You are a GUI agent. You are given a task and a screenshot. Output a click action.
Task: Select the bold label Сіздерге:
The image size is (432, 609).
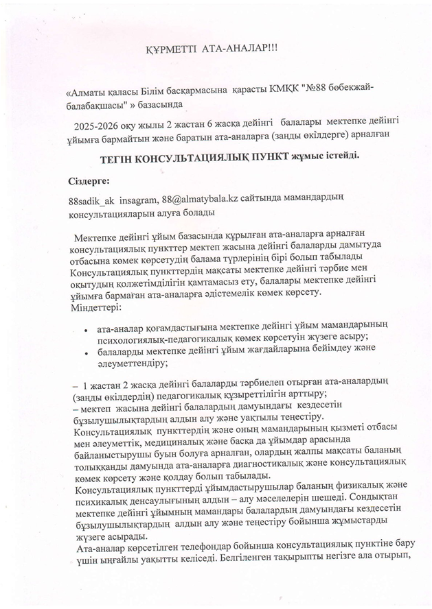pos(89,182)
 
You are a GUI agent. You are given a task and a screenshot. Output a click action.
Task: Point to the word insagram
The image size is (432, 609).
pos(139,200)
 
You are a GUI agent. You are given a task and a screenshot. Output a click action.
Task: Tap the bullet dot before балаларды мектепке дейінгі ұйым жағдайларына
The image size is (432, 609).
pos(84,354)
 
